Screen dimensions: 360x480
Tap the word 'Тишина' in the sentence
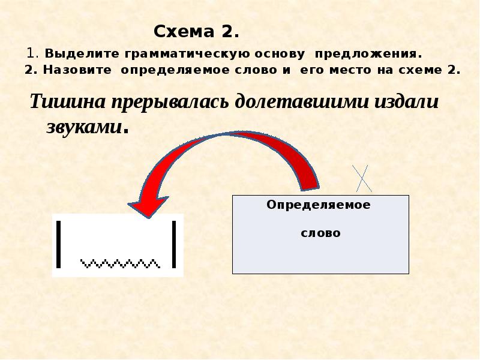pyautogui.click(x=67, y=101)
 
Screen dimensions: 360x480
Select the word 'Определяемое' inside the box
pyautogui.click(x=319, y=205)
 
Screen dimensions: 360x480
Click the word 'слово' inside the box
pyautogui.click(x=320, y=233)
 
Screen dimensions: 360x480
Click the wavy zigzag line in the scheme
pyautogui.click(x=120, y=263)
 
